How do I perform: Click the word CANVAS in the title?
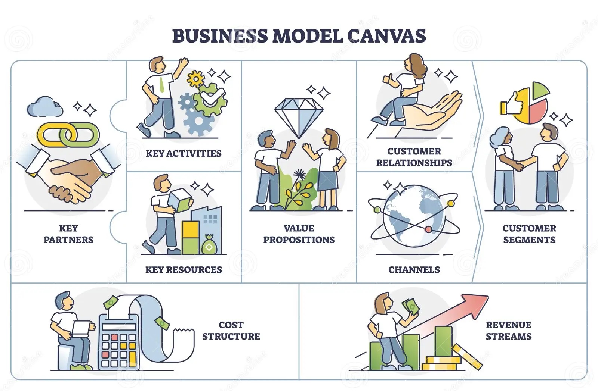pyautogui.click(x=386, y=35)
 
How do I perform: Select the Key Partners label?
pyautogui.click(x=68, y=234)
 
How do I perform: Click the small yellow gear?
pyautogui.click(x=195, y=79)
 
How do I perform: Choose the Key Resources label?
pyautogui.click(x=184, y=269)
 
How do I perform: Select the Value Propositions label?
pyautogui.click(x=299, y=234)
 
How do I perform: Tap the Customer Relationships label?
pyautogui.click(x=414, y=157)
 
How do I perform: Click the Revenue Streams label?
pyautogui.click(x=509, y=331)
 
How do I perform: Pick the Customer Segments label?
pyautogui.click(x=529, y=234)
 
